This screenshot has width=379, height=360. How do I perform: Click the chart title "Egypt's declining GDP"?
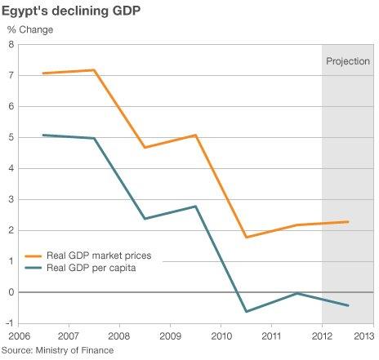[x=72, y=11]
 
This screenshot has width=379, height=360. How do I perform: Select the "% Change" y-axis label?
[x=30, y=30]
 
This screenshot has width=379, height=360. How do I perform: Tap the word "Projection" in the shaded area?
[x=348, y=61]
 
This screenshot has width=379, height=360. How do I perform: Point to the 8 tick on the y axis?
[x=11, y=44]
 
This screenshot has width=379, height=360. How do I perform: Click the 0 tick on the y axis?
[x=11, y=292]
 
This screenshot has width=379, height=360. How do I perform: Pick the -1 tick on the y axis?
[x=9, y=323]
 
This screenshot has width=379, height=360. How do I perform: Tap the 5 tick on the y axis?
[x=11, y=137]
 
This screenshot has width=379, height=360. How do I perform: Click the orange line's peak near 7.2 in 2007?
[x=95, y=70]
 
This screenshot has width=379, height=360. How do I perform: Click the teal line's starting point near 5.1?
[x=43, y=135]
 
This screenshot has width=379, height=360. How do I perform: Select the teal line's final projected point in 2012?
[x=349, y=305]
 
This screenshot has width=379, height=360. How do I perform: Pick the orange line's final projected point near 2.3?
[x=349, y=221]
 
